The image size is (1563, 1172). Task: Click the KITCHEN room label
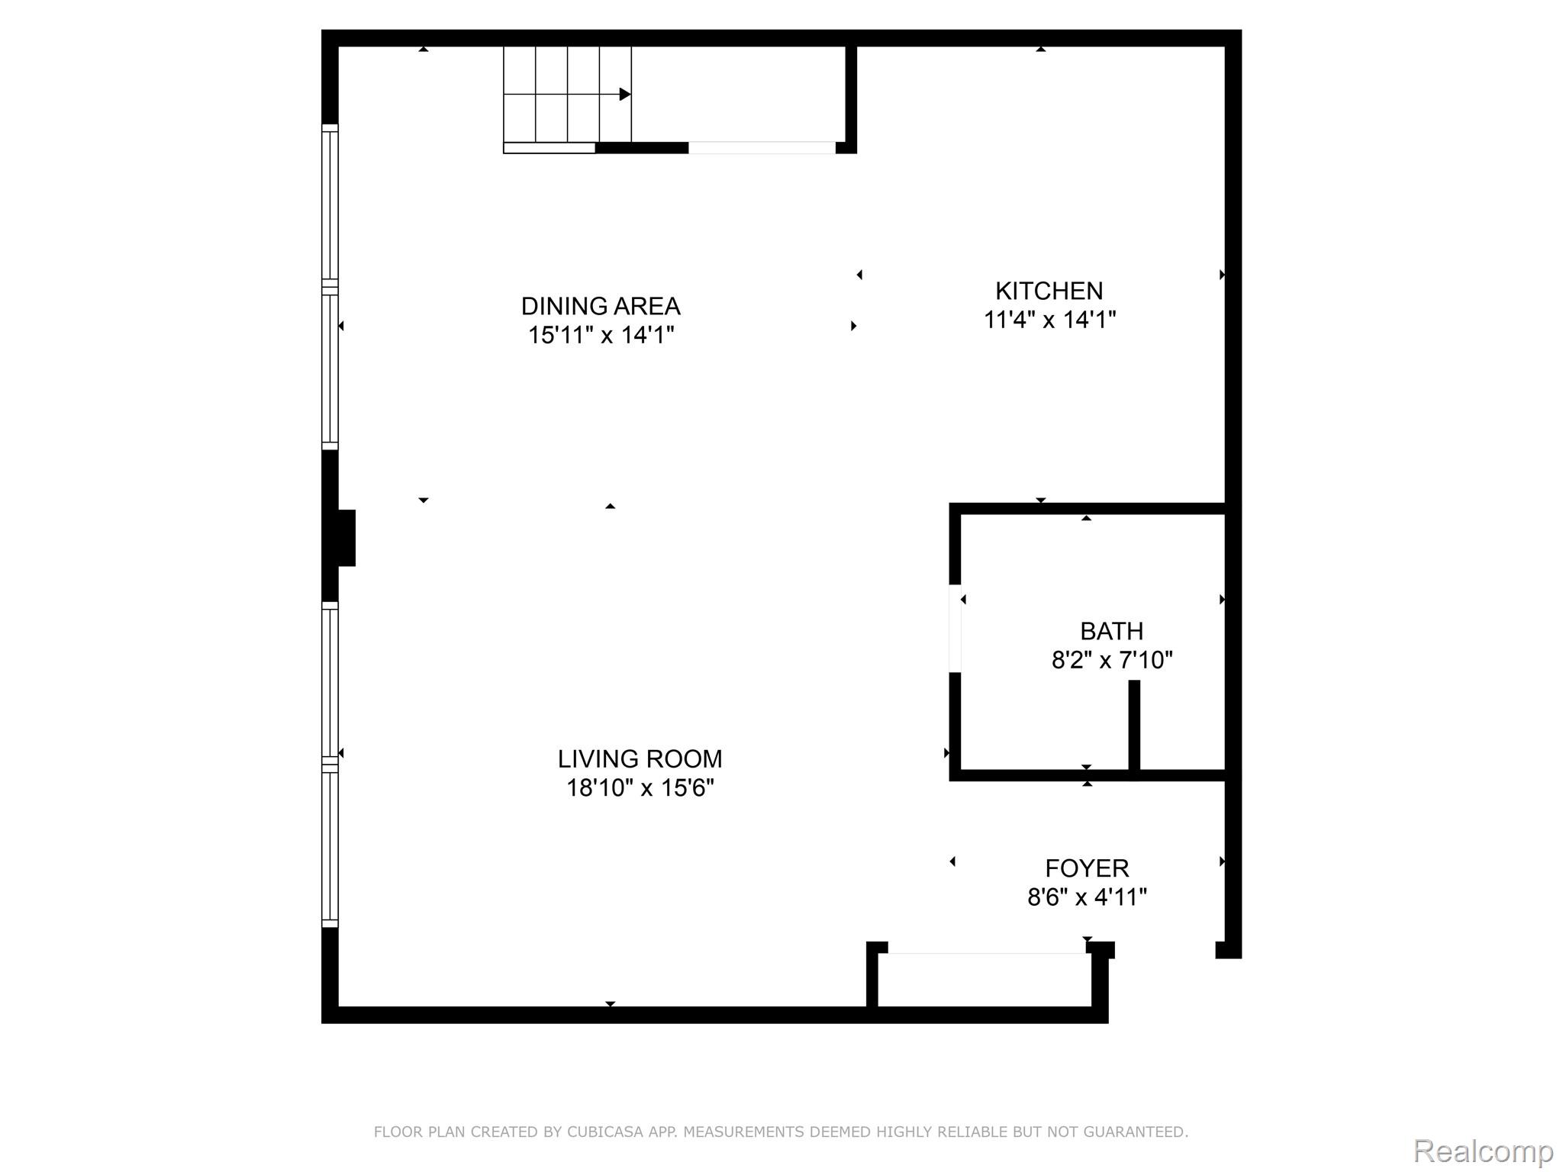1049,291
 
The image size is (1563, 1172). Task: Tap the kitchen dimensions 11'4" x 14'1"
1049,320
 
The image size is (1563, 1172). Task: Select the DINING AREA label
601,306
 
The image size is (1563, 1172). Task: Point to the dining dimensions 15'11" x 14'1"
601,335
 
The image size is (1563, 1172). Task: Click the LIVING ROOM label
640,758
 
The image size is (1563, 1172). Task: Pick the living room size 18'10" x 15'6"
640,787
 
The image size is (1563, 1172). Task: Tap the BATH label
1111,631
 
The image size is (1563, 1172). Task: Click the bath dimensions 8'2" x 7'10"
1112,660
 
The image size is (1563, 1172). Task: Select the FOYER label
1087,868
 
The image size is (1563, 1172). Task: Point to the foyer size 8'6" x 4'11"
1087,897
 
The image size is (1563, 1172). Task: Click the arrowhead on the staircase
625,95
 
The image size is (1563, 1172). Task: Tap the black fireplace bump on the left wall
346,538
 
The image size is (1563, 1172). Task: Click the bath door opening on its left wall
955,628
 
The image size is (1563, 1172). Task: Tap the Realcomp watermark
1483,1151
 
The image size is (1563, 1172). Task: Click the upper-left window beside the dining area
330,206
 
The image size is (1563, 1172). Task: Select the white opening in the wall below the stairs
762,148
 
